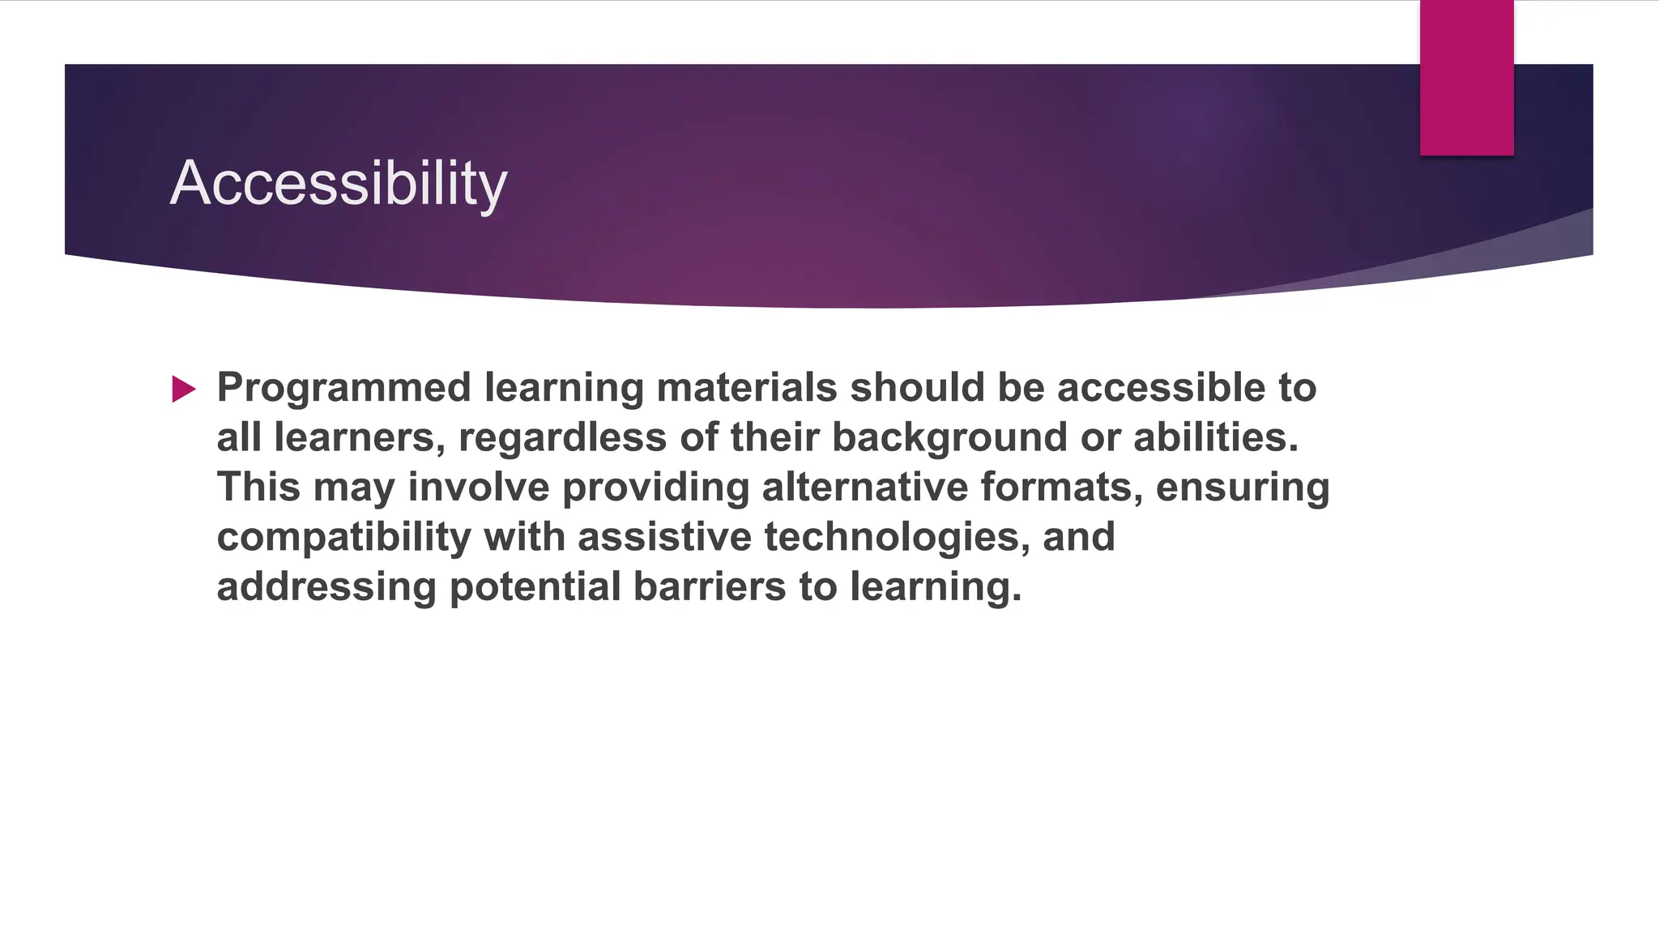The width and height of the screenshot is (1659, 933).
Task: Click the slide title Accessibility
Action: point(338,183)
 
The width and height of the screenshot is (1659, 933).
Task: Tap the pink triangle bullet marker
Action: point(184,390)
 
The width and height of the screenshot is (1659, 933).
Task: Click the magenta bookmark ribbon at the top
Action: point(1466,78)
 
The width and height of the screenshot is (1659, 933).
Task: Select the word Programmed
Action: point(343,388)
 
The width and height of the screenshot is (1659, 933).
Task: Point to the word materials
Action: point(746,388)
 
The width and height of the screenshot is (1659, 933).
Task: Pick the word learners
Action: point(360,437)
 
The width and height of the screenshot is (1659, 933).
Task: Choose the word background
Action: point(949,437)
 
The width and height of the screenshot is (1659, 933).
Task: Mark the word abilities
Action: point(1215,437)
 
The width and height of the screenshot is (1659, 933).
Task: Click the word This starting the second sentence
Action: point(258,487)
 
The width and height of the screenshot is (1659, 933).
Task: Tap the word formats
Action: point(1062,487)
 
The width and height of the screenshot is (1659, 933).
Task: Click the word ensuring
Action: point(1242,488)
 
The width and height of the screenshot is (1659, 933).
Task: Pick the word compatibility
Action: point(343,537)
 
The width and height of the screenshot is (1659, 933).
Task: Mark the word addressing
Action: point(326,587)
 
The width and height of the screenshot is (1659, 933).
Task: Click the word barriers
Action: point(709,586)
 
